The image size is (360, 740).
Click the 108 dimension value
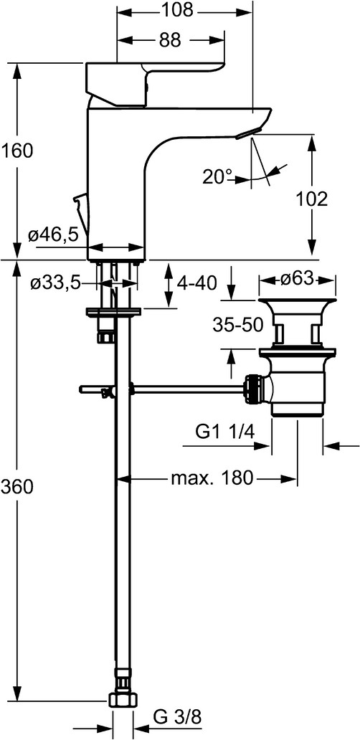tap(178, 10)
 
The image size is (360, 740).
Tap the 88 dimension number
tap(170, 40)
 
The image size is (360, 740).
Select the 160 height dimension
tap(16, 151)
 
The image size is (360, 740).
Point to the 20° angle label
tap(217, 177)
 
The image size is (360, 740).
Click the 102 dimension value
tap(311, 199)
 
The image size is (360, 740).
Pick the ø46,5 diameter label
tap(52, 235)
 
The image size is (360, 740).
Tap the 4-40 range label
tap(196, 283)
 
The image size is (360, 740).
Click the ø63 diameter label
tap(297, 279)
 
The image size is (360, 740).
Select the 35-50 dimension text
tap(237, 325)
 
